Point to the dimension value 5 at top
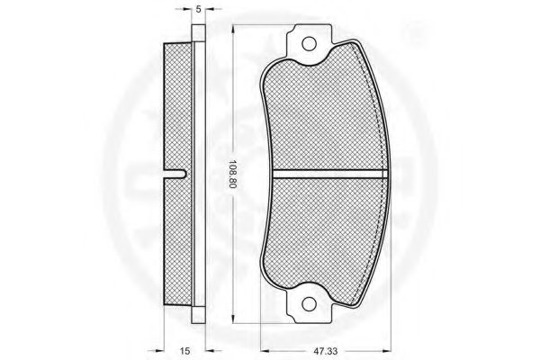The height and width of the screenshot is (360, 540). click(x=198, y=9)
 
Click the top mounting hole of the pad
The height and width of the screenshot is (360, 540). click(x=309, y=44)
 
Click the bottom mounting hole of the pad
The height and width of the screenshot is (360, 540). click(x=309, y=303)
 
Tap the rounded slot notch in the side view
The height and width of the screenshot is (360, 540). click(x=175, y=174)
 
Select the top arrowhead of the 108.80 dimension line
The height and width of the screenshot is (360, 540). click(x=233, y=29)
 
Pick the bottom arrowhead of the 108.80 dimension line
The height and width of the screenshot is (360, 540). click(x=233, y=319)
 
